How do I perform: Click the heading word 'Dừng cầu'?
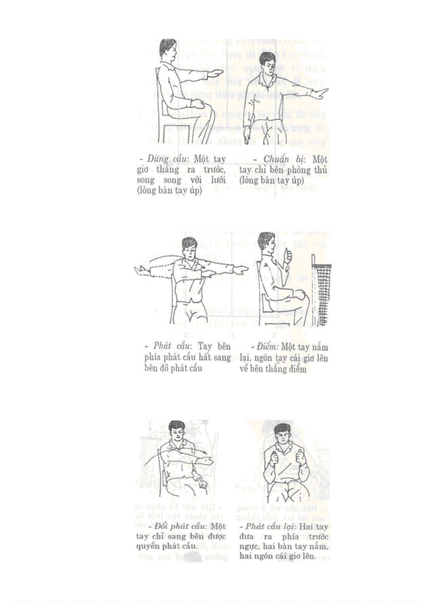point(167,160)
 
